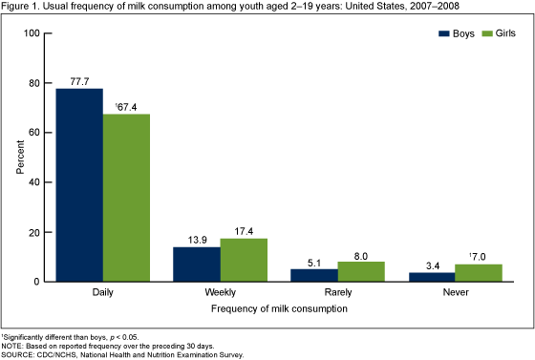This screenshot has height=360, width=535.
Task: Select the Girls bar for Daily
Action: coord(126,198)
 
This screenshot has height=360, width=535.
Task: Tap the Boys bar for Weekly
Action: coord(197,265)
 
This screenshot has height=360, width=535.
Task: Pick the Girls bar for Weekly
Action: coord(244,260)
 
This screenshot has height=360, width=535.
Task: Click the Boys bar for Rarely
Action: coord(314,275)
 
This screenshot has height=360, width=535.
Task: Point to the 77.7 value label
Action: coord(79,80)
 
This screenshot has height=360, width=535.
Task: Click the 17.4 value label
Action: coord(244,230)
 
